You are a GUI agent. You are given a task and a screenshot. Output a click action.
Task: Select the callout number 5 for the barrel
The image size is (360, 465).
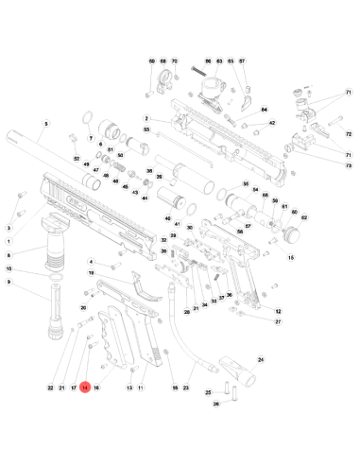click(x=45, y=123)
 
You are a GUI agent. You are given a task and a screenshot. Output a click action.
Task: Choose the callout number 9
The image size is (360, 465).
click(x=9, y=283)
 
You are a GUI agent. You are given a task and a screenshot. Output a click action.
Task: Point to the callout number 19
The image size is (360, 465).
click(x=92, y=273)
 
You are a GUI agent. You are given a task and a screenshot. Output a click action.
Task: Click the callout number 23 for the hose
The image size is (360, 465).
click(x=185, y=388)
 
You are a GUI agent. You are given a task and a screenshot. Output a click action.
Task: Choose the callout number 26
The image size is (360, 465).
click(x=215, y=405)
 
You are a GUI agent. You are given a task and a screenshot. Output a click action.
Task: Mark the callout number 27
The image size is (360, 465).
click(x=278, y=322)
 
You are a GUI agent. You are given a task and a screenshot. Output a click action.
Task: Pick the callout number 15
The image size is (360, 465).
click(x=291, y=257)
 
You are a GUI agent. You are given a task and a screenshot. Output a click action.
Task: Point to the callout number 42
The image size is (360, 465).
click(x=271, y=123)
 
